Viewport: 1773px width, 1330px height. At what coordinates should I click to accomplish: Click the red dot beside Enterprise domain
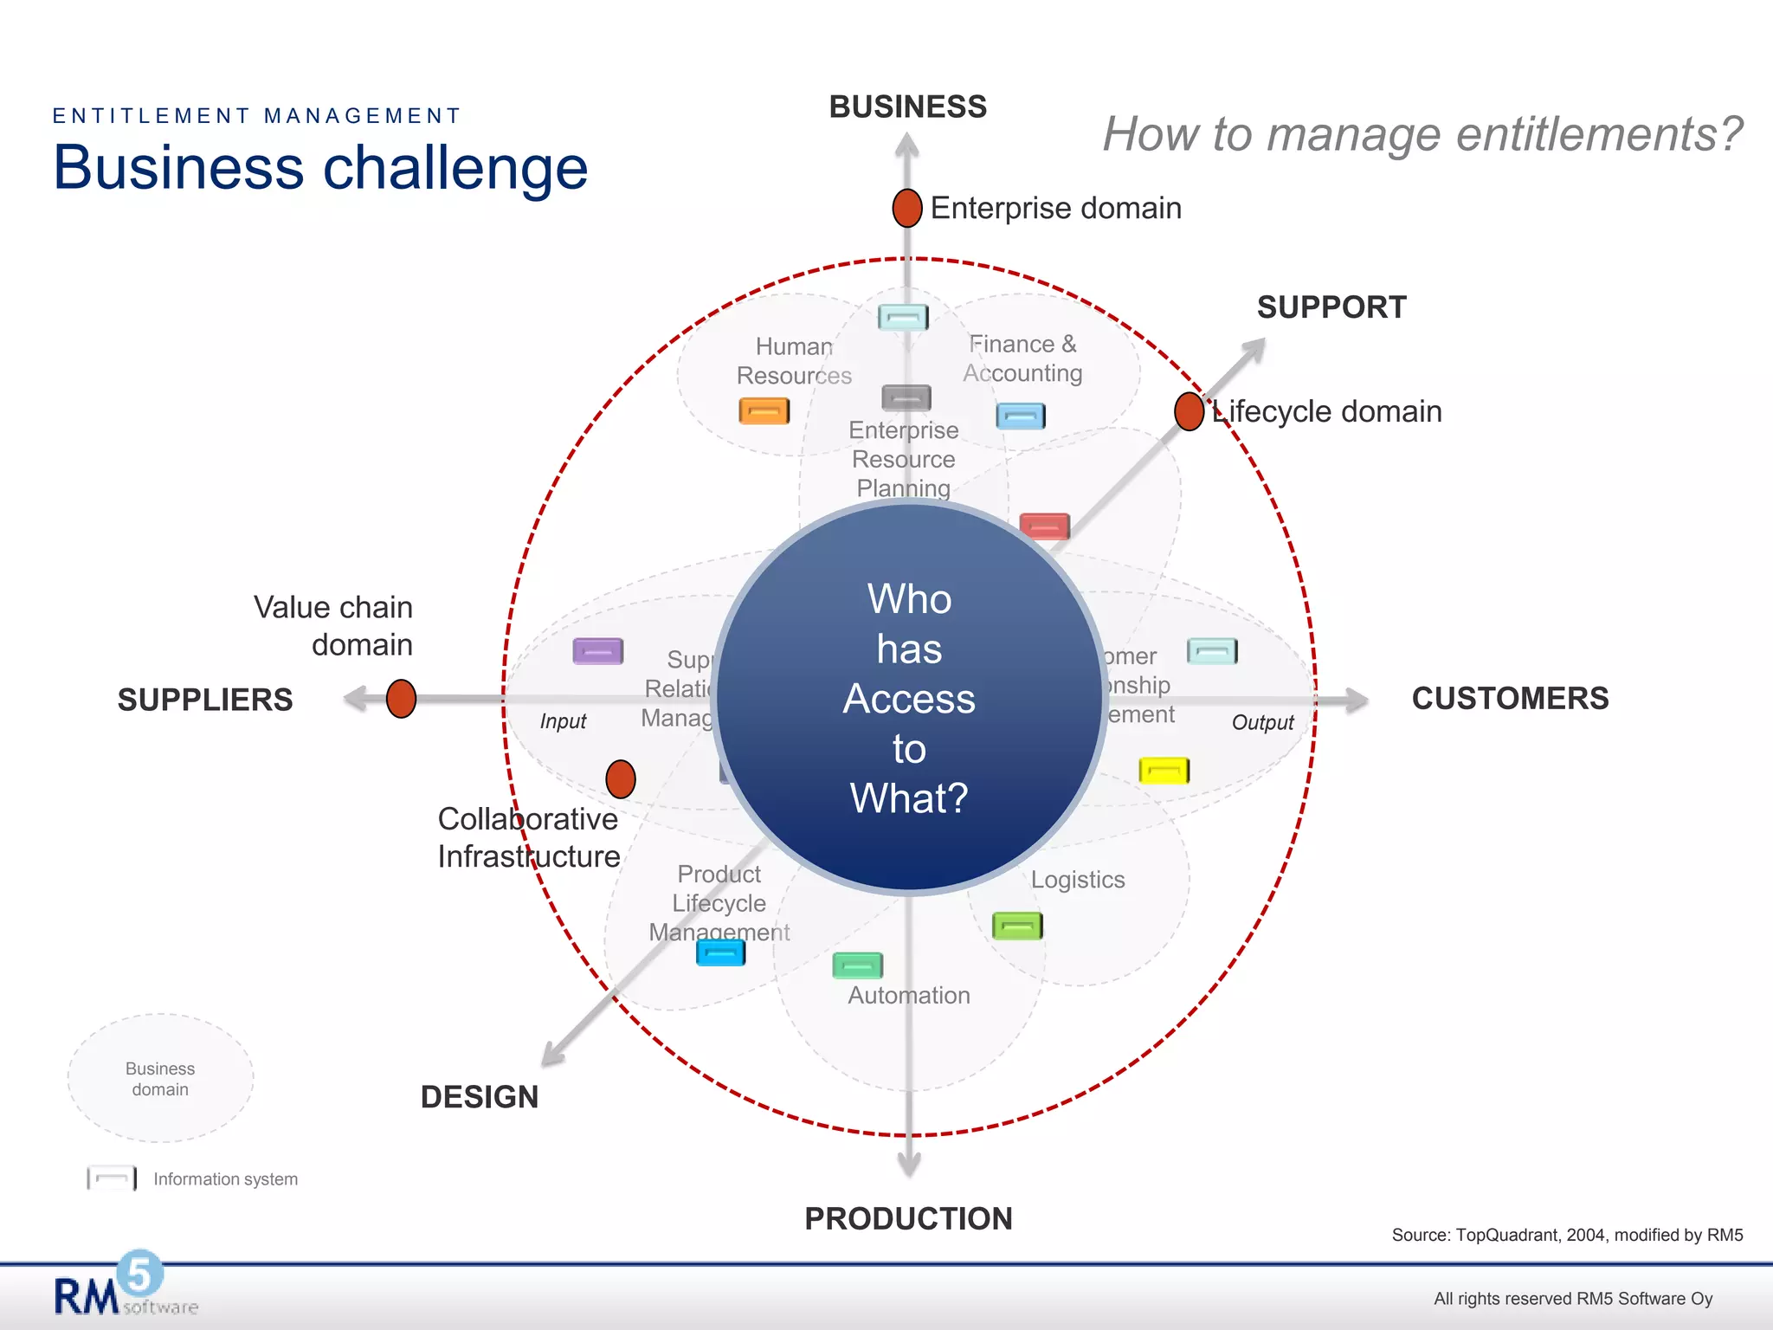coord(906,208)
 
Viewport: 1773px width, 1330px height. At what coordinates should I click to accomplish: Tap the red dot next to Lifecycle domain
coord(1189,410)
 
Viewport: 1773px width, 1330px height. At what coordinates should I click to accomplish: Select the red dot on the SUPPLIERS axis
coord(401,698)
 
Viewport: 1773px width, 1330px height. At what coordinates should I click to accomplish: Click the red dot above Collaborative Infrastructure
coord(620,778)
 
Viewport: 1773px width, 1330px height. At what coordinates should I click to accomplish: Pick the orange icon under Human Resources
coord(764,410)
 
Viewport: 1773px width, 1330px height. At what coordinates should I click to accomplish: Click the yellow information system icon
coord(1164,770)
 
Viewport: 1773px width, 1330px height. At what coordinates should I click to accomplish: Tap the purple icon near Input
coord(597,650)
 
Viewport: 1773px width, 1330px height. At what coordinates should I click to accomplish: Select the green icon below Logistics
coord(1016,926)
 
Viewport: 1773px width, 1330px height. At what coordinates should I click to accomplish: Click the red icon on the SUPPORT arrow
coord(1044,526)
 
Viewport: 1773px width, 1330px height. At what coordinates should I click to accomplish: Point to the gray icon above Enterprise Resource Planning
coord(906,397)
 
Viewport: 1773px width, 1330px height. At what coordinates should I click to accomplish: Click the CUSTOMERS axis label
coord(1509,698)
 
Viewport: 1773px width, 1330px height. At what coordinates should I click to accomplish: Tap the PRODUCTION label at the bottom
coord(907,1218)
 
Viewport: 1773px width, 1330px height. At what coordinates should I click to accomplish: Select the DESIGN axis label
coord(479,1096)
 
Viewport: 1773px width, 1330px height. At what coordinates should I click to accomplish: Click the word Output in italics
coord(1261,722)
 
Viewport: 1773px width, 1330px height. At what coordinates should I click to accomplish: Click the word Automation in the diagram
coord(908,995)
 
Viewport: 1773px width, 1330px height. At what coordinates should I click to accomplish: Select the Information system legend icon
coord(112,1178)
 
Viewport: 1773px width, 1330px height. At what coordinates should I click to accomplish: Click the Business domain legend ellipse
coord(160,1078)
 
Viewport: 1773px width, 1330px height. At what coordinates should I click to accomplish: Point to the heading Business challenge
coord(320,167)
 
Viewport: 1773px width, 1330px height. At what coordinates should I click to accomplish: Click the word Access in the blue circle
coord(908,698)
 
